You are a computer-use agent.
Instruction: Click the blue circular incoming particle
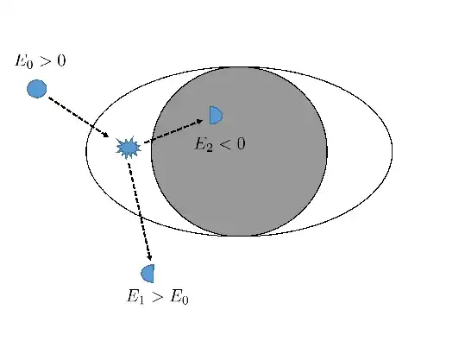36,88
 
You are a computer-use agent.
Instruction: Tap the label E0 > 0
41,62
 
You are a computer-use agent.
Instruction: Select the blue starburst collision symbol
128,148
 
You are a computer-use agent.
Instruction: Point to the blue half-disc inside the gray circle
215,115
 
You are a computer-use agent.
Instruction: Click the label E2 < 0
219,144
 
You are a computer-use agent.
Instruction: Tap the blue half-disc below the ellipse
148,273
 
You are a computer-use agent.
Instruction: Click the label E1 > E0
157,298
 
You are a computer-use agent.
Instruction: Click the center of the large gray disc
239,151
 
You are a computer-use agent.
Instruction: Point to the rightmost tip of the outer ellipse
392,151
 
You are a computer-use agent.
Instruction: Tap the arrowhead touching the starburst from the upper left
105,135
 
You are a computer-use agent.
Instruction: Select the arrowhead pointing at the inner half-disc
199,121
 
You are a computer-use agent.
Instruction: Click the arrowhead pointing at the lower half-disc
150,256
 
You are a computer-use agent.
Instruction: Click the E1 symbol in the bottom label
135,299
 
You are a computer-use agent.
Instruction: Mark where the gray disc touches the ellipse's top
239,66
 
